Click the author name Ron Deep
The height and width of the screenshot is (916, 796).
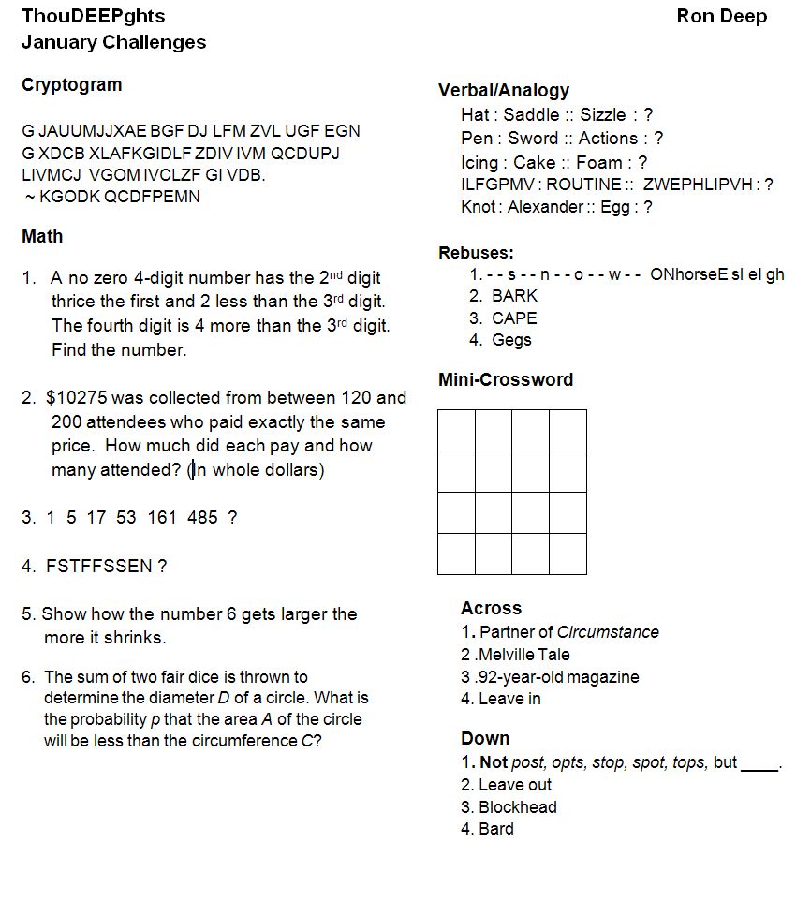[721, 16]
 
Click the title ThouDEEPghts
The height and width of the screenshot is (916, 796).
[93, 16]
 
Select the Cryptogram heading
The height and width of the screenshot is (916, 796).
[71, 84]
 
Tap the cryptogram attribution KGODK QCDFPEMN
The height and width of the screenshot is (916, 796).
[119, 197]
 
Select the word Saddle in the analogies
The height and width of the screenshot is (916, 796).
[530, 115]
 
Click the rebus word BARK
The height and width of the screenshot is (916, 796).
[515, 295]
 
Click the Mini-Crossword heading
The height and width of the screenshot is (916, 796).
[506, 379]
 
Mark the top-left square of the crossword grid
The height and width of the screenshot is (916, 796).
[456, 430]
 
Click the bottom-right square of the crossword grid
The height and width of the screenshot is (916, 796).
[568, 554]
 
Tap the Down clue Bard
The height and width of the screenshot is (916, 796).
[495, 829]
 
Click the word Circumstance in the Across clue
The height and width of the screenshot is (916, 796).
[608, 632]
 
